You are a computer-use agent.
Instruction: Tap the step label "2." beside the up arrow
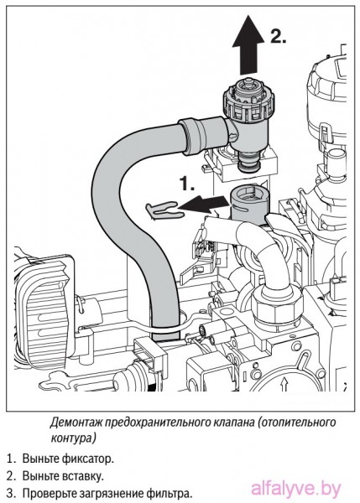(x=278, y=36)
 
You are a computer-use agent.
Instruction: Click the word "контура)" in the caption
(x=74, y=438)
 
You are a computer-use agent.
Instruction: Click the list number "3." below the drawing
(x=11, y=493)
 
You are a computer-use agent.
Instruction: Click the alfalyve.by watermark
(x=295, y=490)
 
